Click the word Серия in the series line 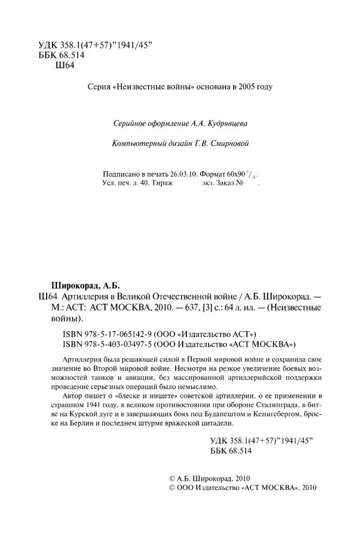(x=98, y=87)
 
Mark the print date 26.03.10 (x=183, y=175)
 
